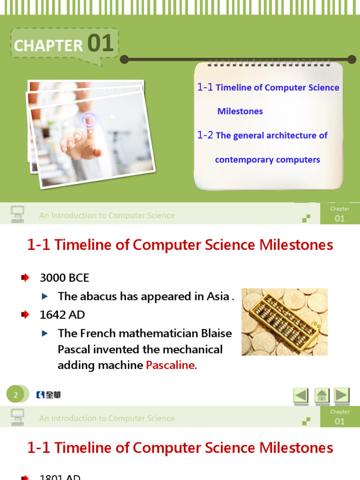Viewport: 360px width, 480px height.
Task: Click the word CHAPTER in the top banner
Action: [x=48, y=45]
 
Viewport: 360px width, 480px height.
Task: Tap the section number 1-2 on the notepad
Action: [x=205, y=135]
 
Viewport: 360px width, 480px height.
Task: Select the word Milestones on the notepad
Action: [x=240, y=111]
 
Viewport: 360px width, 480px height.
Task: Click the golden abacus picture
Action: [x=285, y=322]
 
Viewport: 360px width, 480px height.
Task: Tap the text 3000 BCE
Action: [x=64, y=278]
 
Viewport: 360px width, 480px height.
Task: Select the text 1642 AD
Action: [x=62, y=315]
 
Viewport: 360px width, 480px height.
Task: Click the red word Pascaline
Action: [x=170, y=366]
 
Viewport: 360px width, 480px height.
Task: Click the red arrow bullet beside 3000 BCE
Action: [x=25, y=278]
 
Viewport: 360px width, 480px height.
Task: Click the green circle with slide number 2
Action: [x=15, y=395]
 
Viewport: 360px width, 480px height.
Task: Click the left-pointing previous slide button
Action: [x=301, y=395]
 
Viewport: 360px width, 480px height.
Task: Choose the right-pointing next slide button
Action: [x=342, y=395]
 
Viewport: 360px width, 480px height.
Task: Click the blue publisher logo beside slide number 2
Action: [x=48, y=395]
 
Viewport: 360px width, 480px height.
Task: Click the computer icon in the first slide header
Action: [x=17, y=214]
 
